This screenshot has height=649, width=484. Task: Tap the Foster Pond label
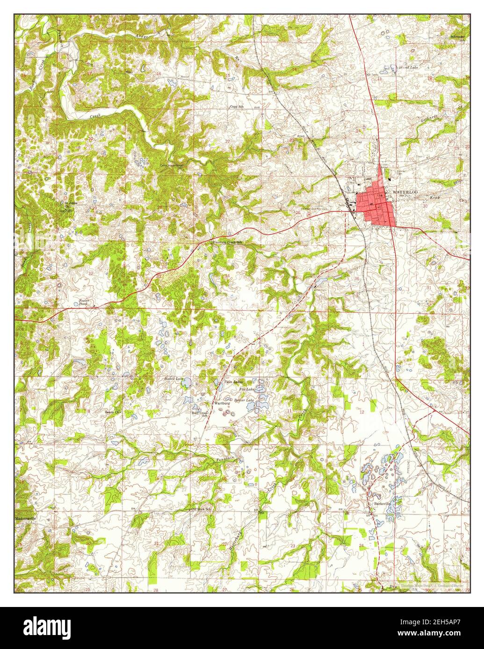84,302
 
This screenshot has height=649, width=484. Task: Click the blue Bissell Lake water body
186,383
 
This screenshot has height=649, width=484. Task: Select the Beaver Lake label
244,400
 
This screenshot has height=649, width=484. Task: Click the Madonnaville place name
29,518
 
